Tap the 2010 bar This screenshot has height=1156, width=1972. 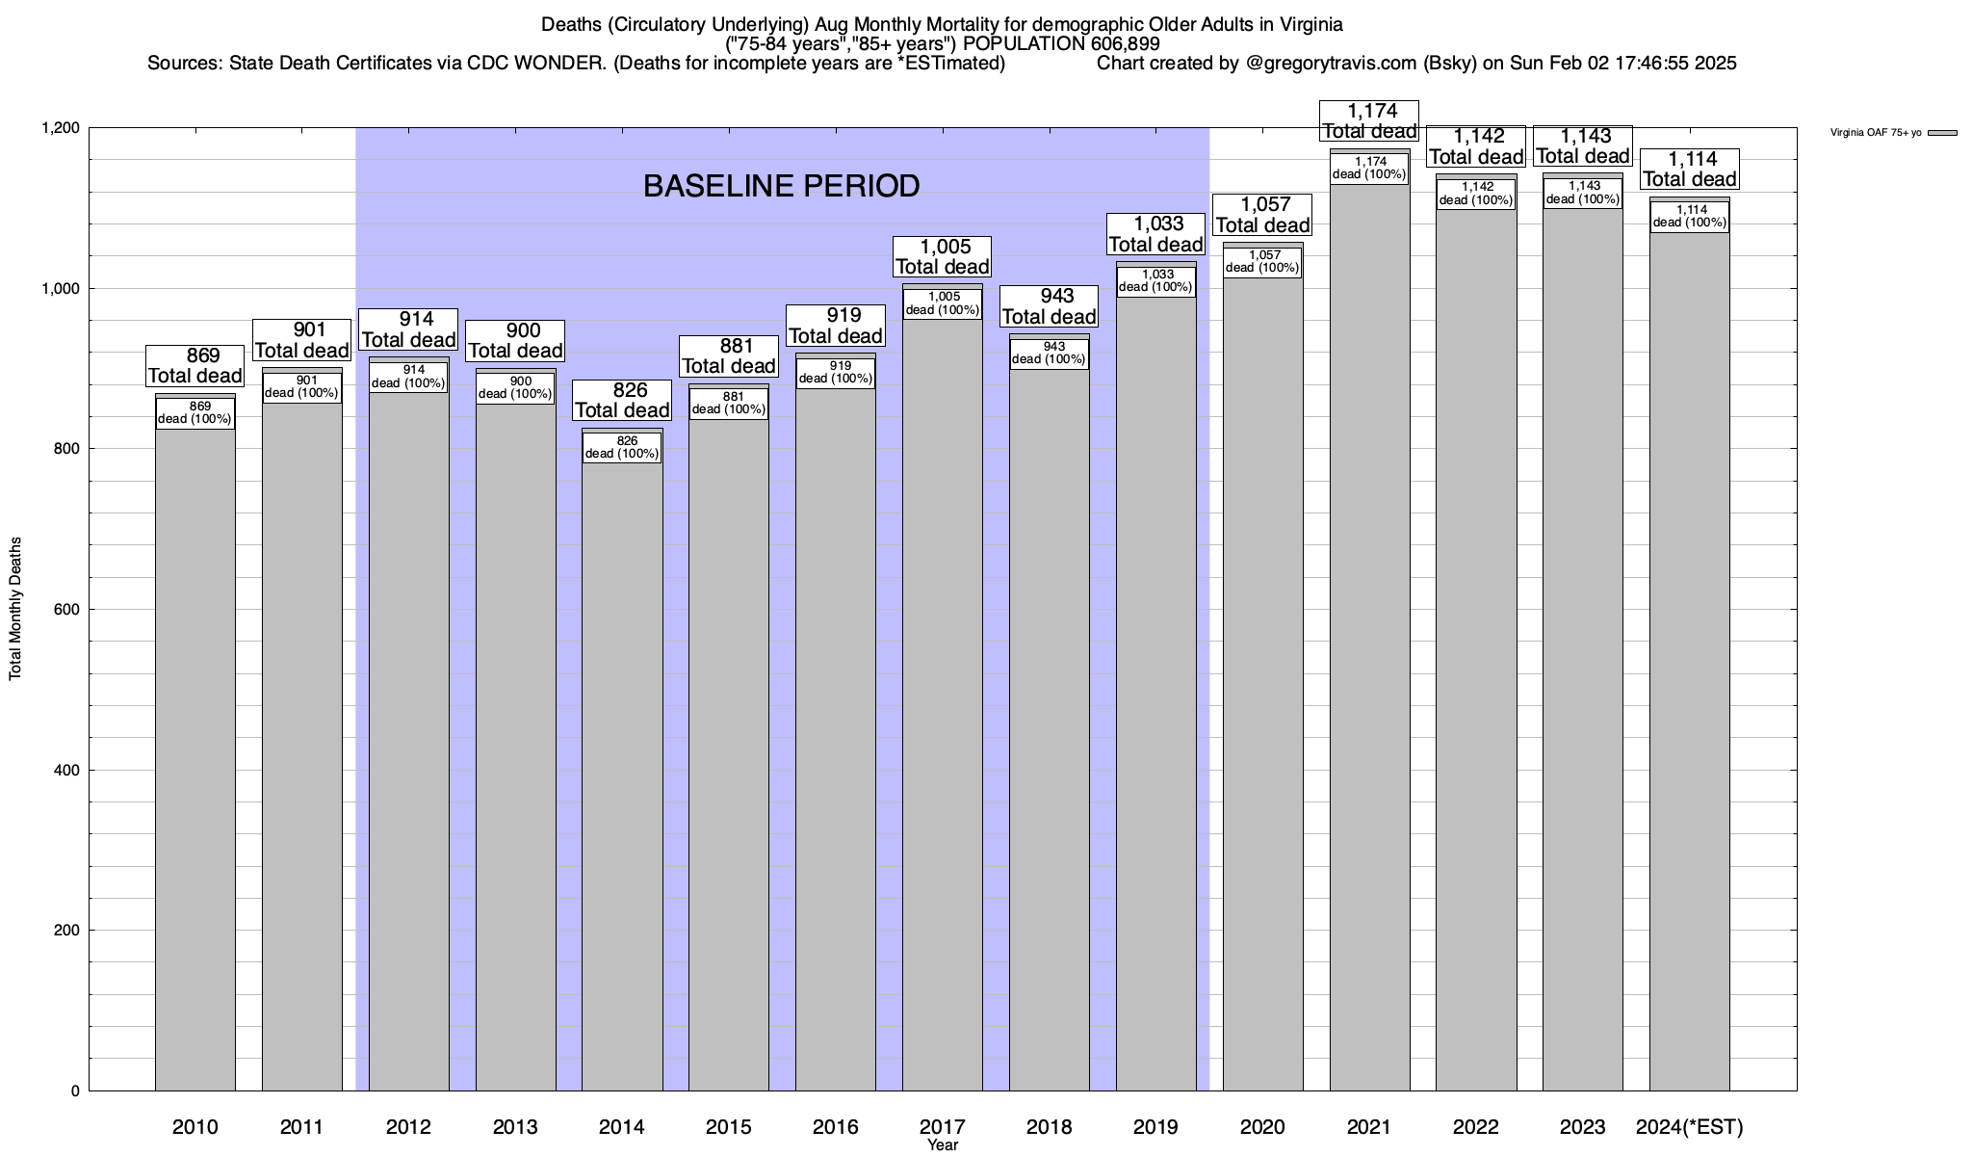(x=195, y=761)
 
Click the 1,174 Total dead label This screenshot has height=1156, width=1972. (x=1370, y=121)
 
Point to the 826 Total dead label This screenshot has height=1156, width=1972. (x=622, y=401)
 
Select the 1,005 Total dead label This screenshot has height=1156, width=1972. (x=943, y=257)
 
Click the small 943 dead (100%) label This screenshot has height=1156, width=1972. (x=1050, y=354)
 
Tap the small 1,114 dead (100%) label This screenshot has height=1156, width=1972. (x=1690, y=217)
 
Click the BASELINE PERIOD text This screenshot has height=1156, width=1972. (x=781, y=186)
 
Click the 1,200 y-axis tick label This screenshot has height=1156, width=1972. (x=60, y=128)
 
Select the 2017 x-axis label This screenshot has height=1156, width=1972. (x=942, y=1126)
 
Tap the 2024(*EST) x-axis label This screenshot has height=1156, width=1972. (x=1690, y=1126)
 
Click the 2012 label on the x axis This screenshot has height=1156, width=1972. (x=408, y=1126)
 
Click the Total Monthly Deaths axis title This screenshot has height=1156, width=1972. (x=15, y=609)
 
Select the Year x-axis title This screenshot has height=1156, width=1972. (x=943, y=1145)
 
